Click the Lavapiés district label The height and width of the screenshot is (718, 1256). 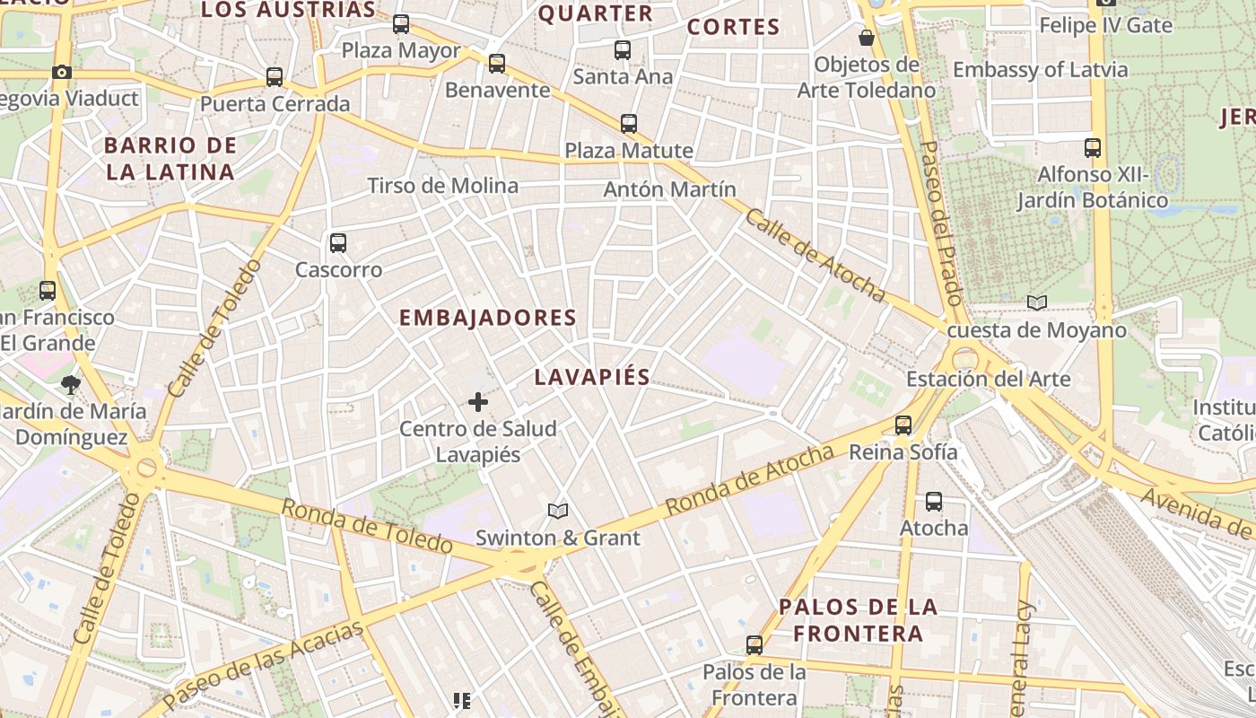coord(591,377)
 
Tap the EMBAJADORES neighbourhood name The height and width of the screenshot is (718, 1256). coord(487,318)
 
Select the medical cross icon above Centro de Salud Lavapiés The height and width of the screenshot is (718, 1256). coord(478,402)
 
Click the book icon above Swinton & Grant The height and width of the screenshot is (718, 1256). coord(558,511)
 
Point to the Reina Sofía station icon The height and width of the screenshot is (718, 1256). coord(903,425)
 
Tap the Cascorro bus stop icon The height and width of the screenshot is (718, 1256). coord(338,242)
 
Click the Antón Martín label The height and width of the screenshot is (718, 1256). coord(669,189)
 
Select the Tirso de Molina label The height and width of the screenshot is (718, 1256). coord(442,186)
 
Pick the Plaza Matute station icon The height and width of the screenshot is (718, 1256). coord(629,124)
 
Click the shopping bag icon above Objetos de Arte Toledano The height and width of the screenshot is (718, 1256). coord(867,38)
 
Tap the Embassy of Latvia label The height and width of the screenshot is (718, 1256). coord(1040,69)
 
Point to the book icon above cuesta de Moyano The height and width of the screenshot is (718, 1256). coord(1037,303)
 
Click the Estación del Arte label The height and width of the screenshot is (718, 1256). coord(988,379)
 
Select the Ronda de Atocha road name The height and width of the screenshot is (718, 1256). coord(749,482)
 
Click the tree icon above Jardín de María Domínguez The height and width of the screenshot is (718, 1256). coord(70,385)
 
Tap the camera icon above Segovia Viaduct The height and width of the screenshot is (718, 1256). coord(62,72)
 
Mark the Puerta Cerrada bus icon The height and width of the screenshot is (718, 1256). coord(275,77)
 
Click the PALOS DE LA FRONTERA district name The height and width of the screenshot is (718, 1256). coord(859,620)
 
